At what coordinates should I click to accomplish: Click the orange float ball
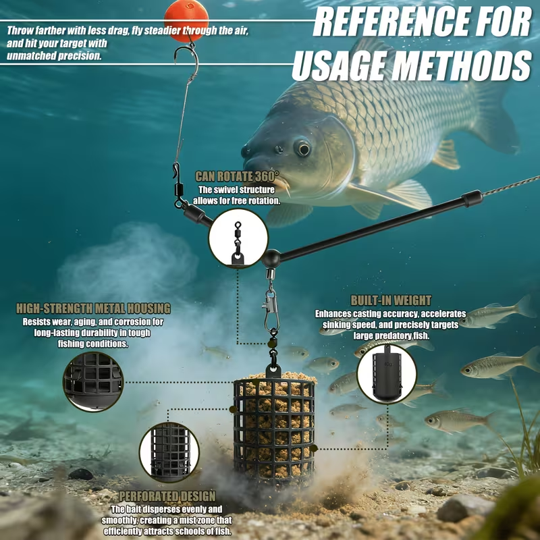(186, 20)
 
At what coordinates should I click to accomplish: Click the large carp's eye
(303, 148)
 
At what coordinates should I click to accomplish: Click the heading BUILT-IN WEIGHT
(391, 300)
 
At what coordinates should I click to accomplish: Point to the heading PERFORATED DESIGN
(167, 496)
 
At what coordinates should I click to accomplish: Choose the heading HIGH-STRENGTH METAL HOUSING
(93, 308)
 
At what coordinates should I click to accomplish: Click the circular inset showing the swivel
(238, 239)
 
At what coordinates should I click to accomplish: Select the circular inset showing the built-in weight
(387, 374)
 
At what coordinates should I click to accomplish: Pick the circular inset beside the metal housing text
(93, 381)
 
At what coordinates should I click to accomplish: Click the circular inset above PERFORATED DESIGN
(169, 452)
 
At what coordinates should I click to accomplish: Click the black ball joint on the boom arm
(271, 259)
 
